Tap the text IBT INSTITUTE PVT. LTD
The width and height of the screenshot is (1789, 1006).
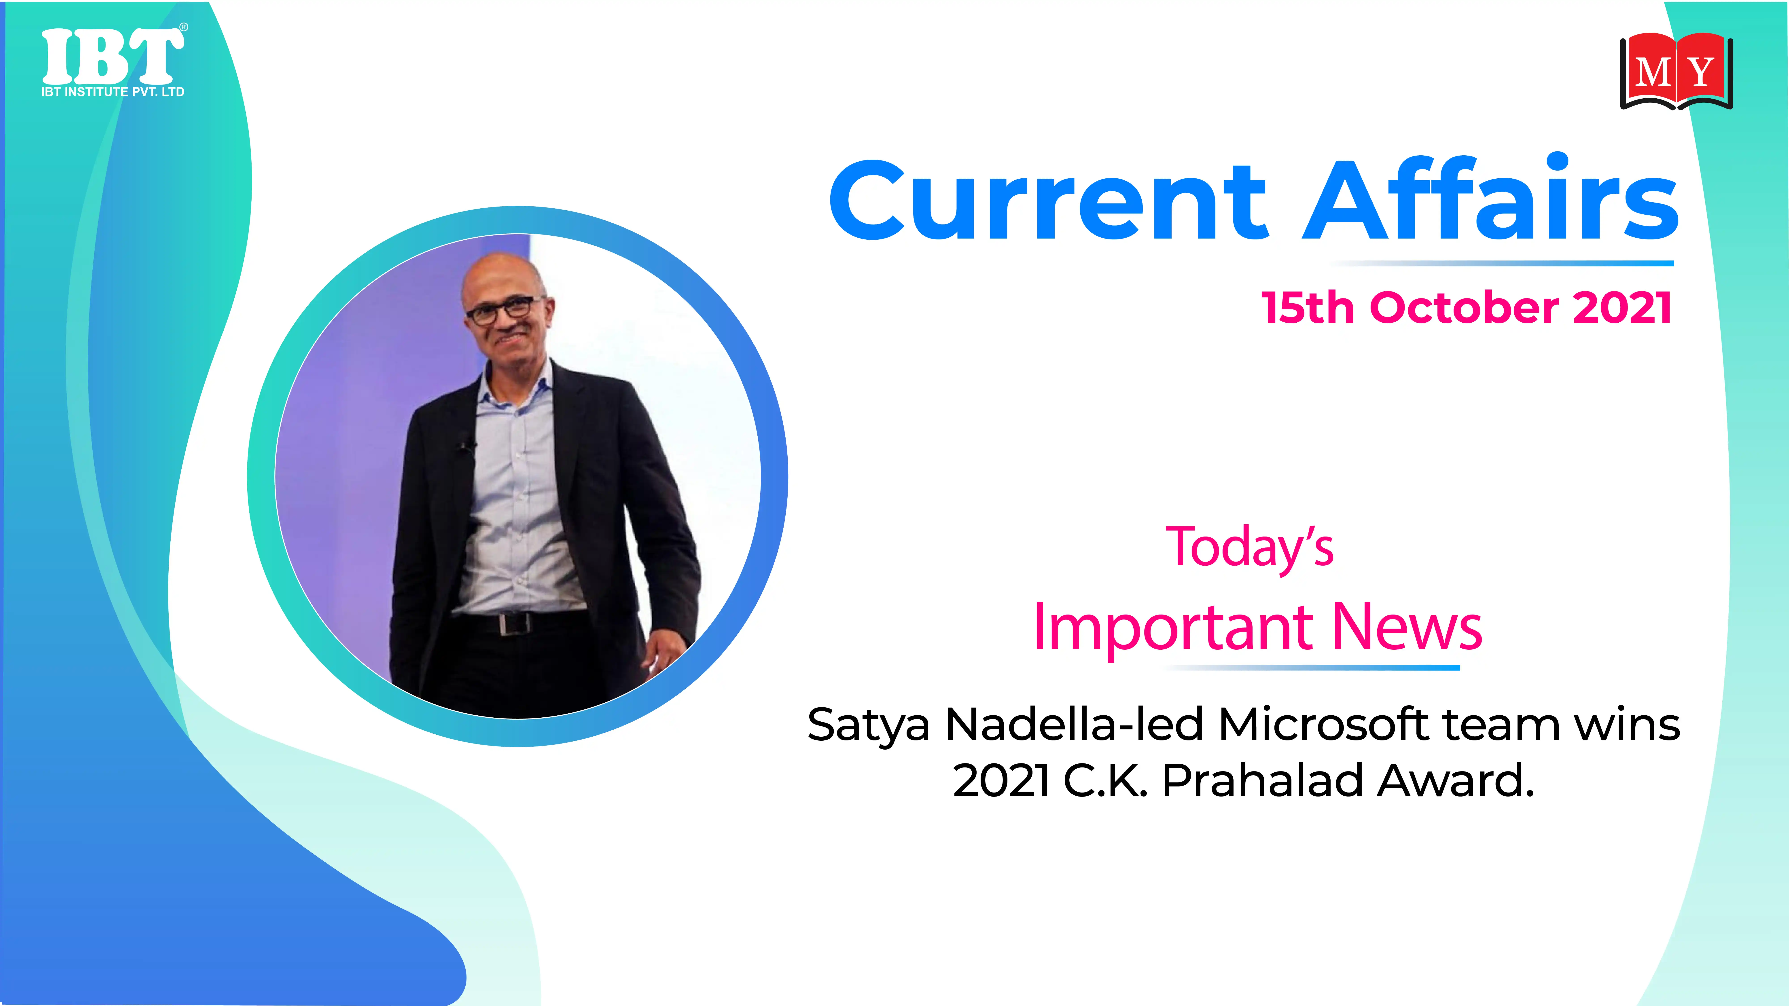[x=112, y=92]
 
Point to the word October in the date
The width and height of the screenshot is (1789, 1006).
[x=1464, y=308]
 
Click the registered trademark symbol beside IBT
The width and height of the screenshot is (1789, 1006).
[x=183, y=27]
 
